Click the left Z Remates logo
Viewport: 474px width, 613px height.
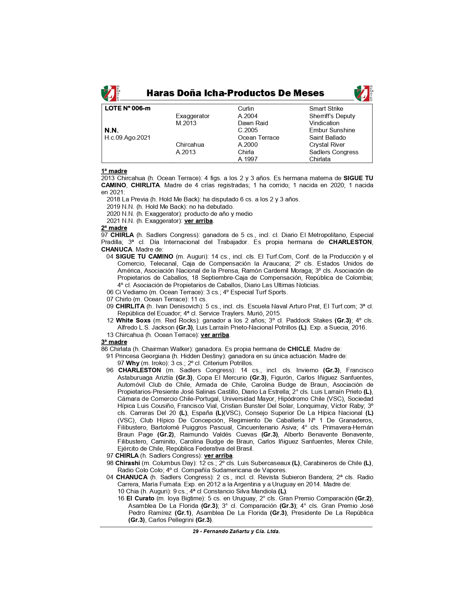pyautogui.click(x=110, y=93)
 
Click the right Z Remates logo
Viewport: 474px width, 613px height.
pyautogui.click(x=363, y=93)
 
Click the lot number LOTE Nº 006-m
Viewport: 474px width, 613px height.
pyautogui.click(x=128, y=108)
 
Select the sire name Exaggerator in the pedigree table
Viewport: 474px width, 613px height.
pyautogui.click(x=193, y=116)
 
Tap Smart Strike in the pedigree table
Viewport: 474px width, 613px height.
pyautogui.click(x=326, y=108)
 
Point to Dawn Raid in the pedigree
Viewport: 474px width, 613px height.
pyautogui.click(x=253, y=123)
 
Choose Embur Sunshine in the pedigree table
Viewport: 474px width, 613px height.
pyautogui.click(x=332, y=130)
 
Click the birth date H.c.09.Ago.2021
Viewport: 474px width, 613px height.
pyautogui.click(x=128, y=137)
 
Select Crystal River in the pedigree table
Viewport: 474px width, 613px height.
pyautogui.click(x=327, y=145)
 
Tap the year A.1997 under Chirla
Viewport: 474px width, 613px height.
pyautogui.click(x=248, y=159)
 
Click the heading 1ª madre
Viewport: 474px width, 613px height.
pyautogui.click(x=114, y=171)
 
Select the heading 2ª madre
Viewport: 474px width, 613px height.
pyautogui.click(x=114, y=228)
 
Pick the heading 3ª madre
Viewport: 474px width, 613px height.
pyautogui.click(x=114, y=342)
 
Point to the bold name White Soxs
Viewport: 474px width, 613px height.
pyautogui.click(x=133, y=320)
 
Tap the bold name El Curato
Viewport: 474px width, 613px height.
pyautogui.click(x=140, y=499)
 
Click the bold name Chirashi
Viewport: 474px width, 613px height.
pyautogui.click(x=128, y=463)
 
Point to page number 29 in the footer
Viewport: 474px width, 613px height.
pyautogui.click(x=196, y=532)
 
